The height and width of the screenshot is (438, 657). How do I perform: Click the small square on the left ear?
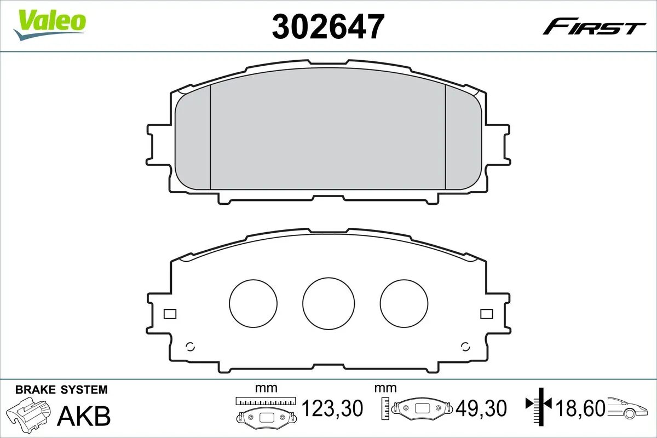[170, 314]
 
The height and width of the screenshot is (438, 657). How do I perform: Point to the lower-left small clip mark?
[191, 346]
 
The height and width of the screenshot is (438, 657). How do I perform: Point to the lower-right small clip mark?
[465, 346]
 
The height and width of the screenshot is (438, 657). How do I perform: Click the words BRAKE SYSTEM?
[61, 390]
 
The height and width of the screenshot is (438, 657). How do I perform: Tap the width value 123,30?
[332, 408]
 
